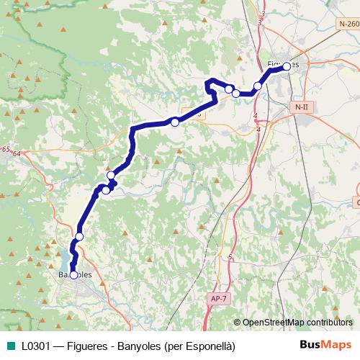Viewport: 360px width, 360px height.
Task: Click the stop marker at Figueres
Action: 287,66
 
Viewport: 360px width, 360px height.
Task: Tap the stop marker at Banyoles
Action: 73,275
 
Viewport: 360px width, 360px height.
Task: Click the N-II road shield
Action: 301,107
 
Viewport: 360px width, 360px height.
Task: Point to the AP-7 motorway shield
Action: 218,298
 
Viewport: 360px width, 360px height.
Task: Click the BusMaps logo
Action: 325,345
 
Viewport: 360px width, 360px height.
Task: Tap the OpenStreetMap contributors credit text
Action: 296,322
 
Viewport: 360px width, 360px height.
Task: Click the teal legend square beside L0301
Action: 11,346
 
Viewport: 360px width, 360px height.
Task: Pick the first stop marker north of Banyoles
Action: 79,236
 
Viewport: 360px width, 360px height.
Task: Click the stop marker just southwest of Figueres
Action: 258,86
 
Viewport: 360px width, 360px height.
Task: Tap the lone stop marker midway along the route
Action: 174,122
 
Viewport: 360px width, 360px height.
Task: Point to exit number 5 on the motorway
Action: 230,257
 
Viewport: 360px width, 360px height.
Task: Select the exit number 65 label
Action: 6,148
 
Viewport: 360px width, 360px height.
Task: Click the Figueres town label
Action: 282,64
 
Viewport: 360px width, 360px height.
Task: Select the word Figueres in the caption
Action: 89,346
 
